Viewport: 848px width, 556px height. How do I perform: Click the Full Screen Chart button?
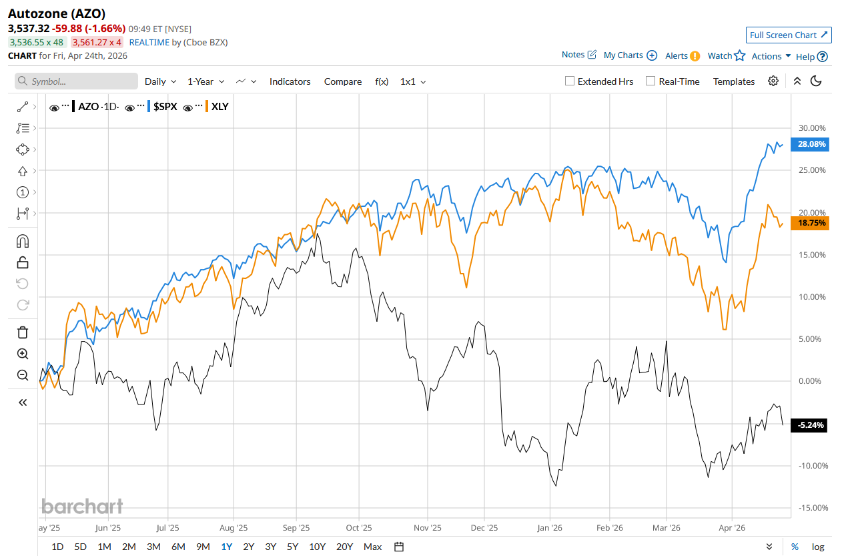tap(788, 35)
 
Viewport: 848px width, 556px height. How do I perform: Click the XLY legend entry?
tap(220, 106)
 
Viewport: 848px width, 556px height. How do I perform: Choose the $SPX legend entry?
tap(165, 106)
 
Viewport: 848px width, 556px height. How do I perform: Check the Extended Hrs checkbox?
tap(570, 81)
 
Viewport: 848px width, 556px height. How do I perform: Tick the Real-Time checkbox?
tap(651, 81)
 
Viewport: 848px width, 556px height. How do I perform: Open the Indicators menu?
tap(290, 81)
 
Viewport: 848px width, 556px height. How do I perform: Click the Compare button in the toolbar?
tap(343, 81)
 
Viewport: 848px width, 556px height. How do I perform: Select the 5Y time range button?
tap(292, 547)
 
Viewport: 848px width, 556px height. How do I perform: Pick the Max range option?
tap(372, 547)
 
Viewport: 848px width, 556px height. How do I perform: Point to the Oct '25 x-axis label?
tap(358, 527)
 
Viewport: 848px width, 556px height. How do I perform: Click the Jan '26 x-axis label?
tap(550, 527)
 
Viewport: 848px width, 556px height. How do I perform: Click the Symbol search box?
tap(77, 81)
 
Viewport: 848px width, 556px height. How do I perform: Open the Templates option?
tap(734, 81)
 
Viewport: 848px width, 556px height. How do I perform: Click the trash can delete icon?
tap(23, 332)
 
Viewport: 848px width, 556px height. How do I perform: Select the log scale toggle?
tap(818, 547)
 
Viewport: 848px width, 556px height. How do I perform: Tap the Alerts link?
tap(683, 56)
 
